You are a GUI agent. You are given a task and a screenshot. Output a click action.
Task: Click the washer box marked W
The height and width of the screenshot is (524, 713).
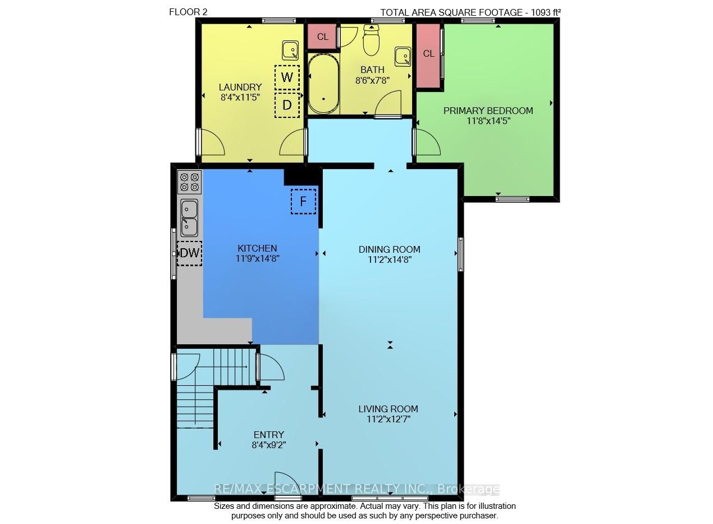coord(287,78)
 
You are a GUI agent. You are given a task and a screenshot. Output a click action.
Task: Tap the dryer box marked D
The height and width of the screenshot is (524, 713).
coord(287,105)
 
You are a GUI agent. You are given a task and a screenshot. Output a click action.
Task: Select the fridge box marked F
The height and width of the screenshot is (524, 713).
coord(303,202)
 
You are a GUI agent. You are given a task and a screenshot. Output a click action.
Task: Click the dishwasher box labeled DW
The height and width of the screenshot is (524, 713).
coord(189,253)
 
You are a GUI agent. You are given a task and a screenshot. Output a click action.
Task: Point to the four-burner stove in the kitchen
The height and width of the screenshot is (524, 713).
coord(189,182)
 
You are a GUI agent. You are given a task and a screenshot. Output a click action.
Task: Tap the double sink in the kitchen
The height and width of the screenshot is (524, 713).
coord(189,218)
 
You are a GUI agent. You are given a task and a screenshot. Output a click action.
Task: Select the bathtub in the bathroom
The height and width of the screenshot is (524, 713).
coord(323,84)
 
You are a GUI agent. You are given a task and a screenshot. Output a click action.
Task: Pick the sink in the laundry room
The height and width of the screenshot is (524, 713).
coord(290,51)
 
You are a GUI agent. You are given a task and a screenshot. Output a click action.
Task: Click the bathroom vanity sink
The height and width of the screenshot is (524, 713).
coord(403,57)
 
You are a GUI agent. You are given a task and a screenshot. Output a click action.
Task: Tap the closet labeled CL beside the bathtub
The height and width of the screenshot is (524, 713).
coord(322,37)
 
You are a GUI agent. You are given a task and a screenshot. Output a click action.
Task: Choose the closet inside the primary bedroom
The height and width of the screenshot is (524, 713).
coord(428,56)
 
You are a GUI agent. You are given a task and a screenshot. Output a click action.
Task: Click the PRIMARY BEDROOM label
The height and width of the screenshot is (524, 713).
coord(488,111)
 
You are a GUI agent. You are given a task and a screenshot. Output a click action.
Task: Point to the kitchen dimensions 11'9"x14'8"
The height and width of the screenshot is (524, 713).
coord(257,258)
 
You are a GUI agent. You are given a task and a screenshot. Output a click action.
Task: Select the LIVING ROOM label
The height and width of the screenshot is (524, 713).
coord(388,409)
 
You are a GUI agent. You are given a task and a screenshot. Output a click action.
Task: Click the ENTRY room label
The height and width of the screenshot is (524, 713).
coord(269,435)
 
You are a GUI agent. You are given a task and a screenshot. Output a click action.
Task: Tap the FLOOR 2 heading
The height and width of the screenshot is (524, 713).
coord(188,12)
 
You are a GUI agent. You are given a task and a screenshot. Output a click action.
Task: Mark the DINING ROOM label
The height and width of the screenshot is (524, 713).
coord(389,249)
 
